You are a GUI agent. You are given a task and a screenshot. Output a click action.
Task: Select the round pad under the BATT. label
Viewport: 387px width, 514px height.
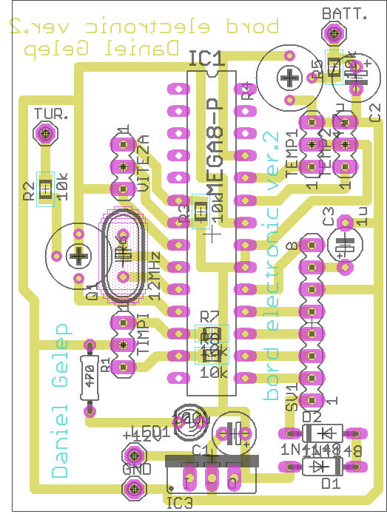[334, 33]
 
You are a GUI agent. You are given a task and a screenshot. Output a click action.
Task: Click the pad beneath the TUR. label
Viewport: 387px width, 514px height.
[47, 134]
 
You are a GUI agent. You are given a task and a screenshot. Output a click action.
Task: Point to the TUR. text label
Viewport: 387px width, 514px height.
[52, 115]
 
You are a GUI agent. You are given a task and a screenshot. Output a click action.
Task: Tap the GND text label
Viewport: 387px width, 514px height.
[137, 469]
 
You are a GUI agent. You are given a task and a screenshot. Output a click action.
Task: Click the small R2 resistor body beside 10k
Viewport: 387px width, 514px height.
[46, 188]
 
